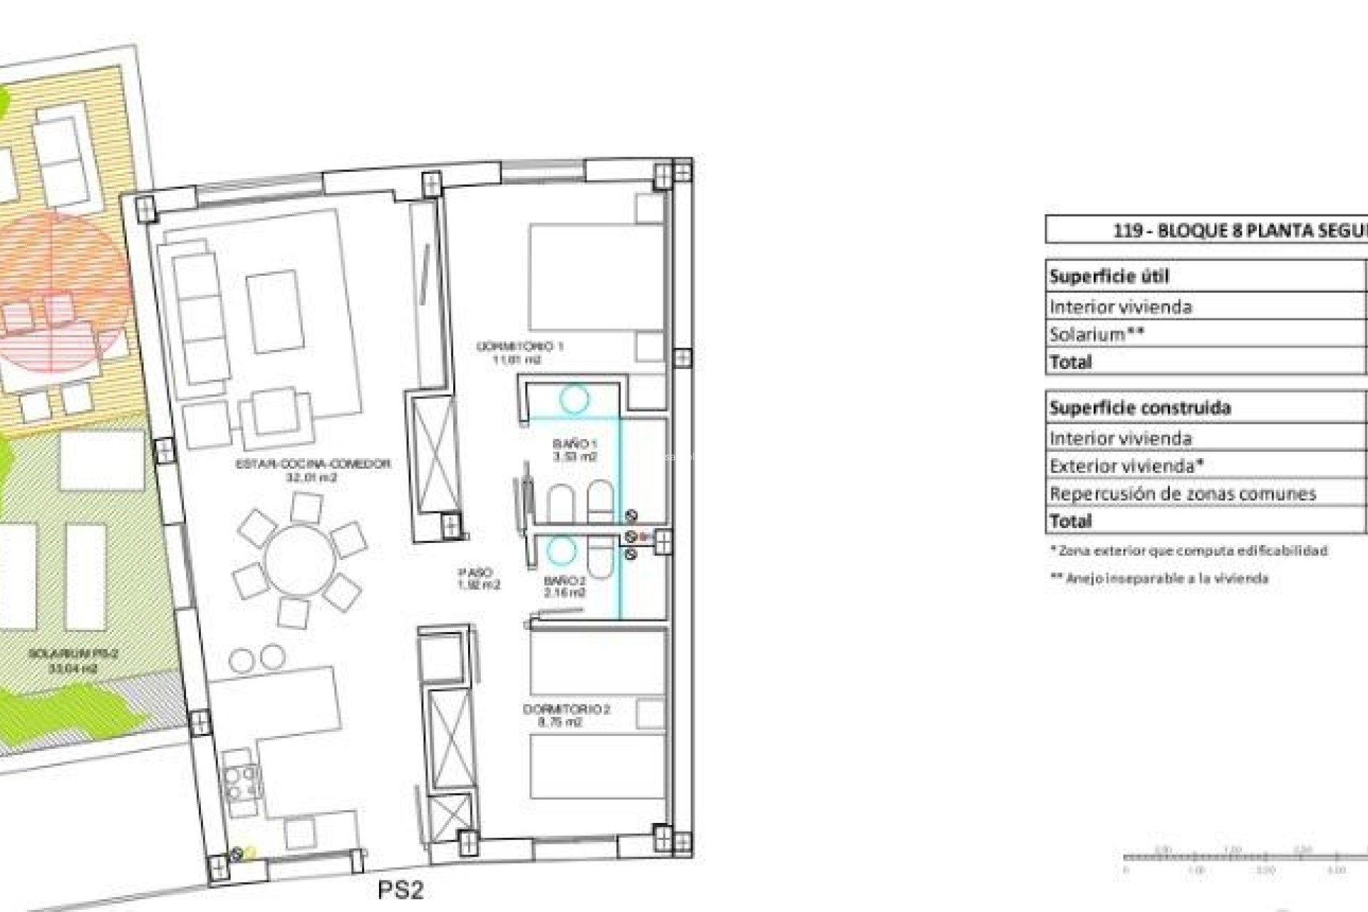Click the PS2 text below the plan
pyautogui.click(x=400, y=889)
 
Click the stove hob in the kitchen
pyautogui.click(x=241, y=782)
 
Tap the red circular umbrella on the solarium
pyautogui.click(x=61, y=303)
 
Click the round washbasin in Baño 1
pyautogui.click(x=574, y=400)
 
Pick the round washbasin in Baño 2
pyautogui.click(x=561, y=550)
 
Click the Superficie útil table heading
pyautogui.click(x=1108, y=276)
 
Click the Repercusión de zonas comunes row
pyautogui.click(x=1182, y=493)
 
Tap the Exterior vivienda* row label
pyautogui.click(x=1126, y=466)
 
